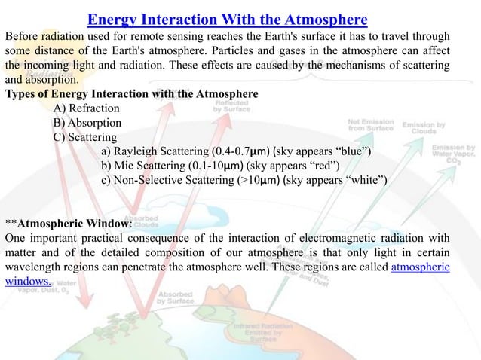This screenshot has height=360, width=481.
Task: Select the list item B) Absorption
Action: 87,123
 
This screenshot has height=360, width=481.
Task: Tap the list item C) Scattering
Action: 84,137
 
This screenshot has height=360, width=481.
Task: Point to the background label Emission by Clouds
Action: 424,128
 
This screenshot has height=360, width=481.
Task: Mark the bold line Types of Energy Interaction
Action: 131,94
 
